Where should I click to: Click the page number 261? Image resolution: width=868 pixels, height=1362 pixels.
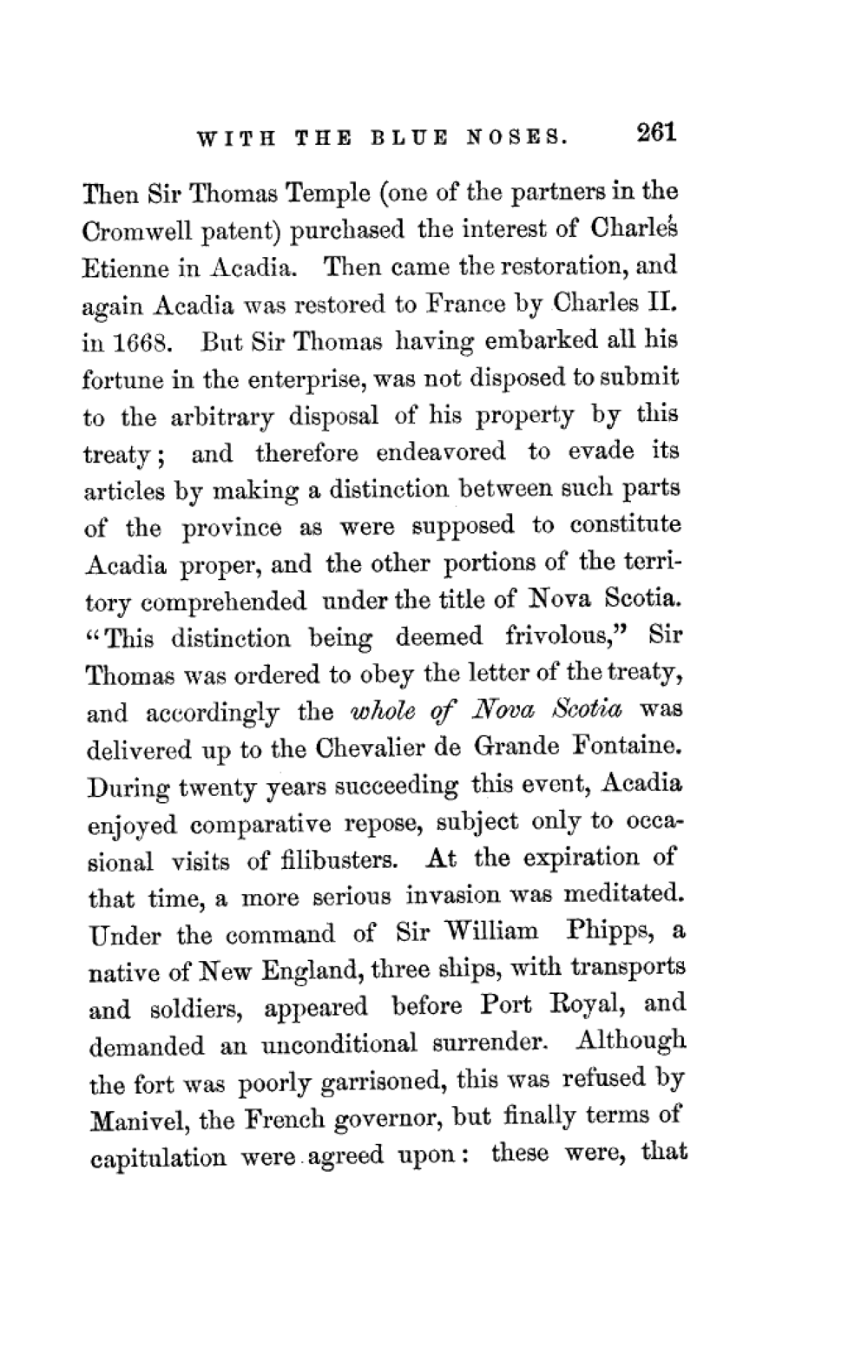tap(655, 133)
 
